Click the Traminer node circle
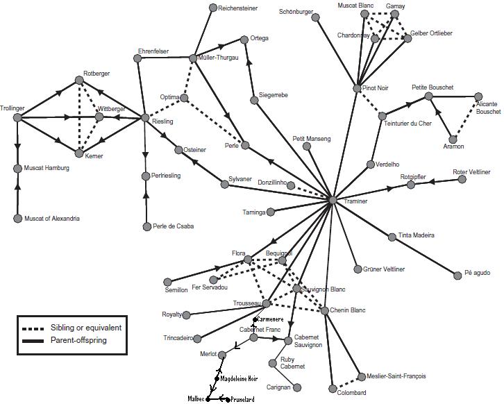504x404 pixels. (333, 200)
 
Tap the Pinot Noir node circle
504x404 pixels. (357, 88)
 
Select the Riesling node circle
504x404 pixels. (145, 118)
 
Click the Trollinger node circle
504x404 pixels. (17, 118)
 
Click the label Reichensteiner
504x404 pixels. (238, 8)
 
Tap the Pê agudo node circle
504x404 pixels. (457, 276)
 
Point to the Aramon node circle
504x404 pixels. (453, 140)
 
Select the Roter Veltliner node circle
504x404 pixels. (462, 180)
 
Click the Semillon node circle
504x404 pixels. (167, 282)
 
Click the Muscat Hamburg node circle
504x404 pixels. (17, 169)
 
